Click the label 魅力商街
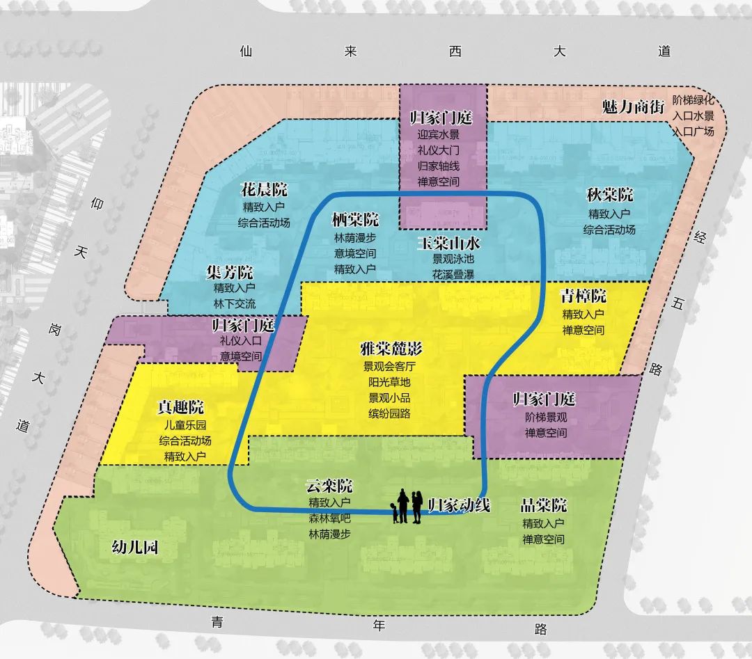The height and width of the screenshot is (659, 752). pos(633,107)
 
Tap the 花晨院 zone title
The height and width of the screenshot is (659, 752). pos(264,190)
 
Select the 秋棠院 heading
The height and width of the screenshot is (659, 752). pos(610,196)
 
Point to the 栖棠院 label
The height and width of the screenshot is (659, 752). pos(355,221)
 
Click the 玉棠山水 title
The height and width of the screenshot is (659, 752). pos(449,244)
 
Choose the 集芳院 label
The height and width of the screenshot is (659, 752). pos(230,271)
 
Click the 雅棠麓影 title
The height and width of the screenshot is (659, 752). pos(391,348)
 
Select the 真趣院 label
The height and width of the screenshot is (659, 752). pos(180,408)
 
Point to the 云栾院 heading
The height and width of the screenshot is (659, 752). pos(329,486)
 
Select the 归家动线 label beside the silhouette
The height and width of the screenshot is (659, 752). pos(459,505)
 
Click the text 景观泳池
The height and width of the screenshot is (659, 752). pos(453,259)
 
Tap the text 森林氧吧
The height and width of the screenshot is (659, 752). pos(329,518)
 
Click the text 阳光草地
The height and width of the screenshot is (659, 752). pos(390,382)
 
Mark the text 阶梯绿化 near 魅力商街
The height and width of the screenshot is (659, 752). pos(694,100)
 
